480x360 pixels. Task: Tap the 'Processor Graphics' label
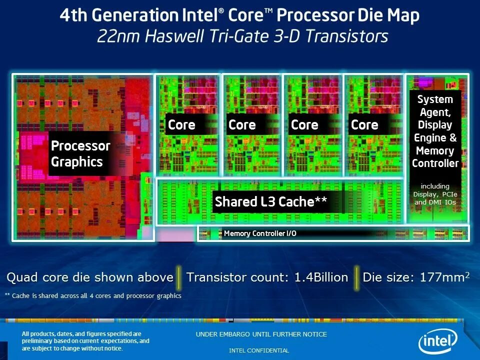(x=80, y=153)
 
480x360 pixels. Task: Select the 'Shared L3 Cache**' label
(x=270, y=201)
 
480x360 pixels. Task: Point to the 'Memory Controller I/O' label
(x=260, y=233)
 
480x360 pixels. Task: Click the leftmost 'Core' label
(x=181, y=124)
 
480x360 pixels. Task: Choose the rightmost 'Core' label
(x=364, y=124)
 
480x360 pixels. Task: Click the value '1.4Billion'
(x=321, y=277)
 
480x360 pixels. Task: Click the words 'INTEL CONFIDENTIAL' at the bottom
(x=259, y=350)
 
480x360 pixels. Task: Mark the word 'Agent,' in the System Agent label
(x=434, y=112)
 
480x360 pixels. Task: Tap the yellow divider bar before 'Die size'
(x=356, y=277)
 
